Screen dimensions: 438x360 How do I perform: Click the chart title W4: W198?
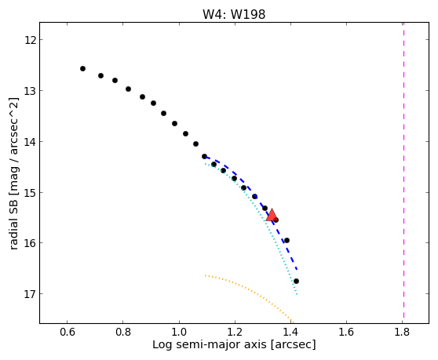coord(234,15)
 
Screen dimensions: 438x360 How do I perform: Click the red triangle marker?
coord(272,215)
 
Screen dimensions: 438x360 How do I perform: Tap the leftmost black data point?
coord(82,69)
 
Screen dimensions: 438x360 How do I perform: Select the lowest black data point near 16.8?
coord(296,281)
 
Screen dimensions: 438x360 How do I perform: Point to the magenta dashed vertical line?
coord(403,170)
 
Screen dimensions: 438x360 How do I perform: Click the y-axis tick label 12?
coord(30,40)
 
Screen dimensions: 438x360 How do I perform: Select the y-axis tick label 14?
coord(30,142)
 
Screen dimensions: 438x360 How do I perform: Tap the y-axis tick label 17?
coord(30,294)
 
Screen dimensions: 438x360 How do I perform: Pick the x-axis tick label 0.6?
coord(68,333)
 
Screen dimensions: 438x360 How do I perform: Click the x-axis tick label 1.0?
coord(179,333)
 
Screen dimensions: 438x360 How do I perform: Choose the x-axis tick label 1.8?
coord(402,333)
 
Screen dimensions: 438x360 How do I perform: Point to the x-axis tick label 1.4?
coord(290,333)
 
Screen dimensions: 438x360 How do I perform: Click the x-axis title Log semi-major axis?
coord(210,345)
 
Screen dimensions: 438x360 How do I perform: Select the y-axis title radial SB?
coord(13,222)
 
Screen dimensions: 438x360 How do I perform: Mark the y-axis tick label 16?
coord(30,243)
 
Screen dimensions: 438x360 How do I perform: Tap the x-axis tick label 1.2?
coord(235,333)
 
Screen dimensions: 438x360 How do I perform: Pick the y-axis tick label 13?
coord(30,91)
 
